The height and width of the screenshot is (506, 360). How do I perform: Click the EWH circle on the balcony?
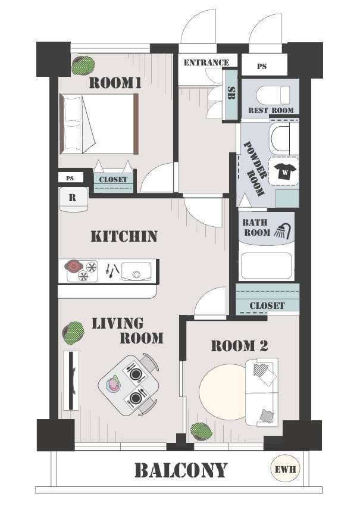coord(286,468)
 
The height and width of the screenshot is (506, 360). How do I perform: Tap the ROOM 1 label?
coord(115,83)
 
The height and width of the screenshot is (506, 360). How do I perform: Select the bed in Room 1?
coord(99,124)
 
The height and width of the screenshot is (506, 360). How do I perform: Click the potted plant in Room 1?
coord(83,65)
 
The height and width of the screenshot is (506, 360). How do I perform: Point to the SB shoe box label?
coord(231,93)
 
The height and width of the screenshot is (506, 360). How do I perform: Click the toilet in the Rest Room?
coord(273,95)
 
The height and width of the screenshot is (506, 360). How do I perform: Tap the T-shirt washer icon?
coord(284,171)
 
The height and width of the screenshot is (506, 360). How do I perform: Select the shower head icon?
coord(283,231)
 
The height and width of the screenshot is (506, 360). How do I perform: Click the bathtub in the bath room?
coord(267,266)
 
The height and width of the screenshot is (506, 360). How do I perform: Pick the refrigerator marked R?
coord(74,199)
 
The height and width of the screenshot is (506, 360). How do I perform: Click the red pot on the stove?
coord(74,266)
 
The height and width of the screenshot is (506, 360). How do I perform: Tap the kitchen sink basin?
coord(136,271)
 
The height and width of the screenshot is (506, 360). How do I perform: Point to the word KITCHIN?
coord(124,236)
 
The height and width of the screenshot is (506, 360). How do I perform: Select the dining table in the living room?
coord(129,385)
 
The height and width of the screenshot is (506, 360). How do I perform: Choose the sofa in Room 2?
coord(262,392)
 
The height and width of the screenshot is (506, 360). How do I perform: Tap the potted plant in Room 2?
coord(201,432)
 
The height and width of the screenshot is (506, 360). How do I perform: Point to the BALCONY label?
coord(181,470)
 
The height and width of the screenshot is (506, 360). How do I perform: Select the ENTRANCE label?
coord(206,63)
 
